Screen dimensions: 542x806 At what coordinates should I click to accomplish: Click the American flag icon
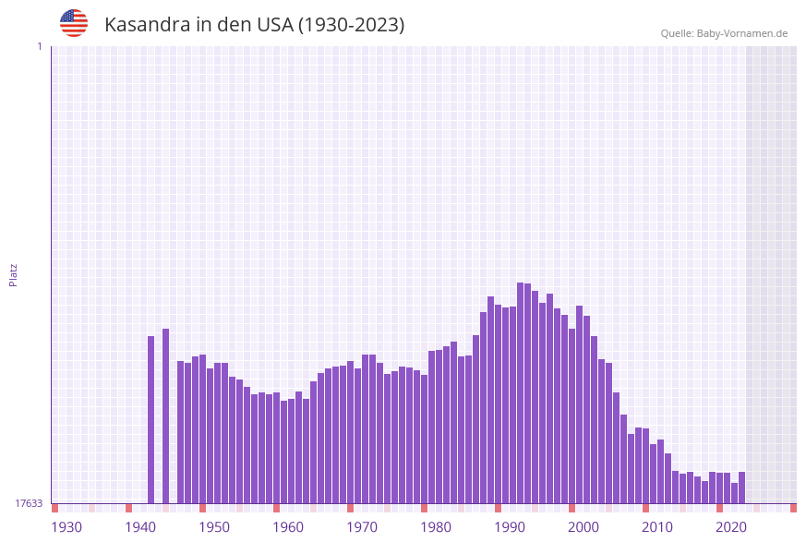74,23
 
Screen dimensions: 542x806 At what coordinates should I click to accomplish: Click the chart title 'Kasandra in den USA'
254,25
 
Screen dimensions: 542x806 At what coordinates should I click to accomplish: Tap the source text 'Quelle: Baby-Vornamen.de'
724,33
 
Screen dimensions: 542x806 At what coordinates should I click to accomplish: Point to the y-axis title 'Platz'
14,274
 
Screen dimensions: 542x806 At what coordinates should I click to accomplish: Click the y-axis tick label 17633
29,503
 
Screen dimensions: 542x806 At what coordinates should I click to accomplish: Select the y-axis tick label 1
39,46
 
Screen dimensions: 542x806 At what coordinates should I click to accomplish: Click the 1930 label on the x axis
66,527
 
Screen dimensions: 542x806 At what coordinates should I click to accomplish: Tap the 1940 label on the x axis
140,527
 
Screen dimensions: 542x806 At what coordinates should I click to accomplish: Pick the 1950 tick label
214,527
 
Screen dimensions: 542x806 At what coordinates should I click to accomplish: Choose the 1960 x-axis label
288,527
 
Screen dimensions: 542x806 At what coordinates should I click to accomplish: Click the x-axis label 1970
362,527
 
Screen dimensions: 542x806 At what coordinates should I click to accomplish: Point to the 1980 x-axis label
436,527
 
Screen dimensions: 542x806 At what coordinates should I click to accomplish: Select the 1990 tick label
510,527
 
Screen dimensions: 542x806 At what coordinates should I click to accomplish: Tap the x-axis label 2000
583,527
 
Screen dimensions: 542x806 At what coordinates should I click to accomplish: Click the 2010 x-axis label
657,527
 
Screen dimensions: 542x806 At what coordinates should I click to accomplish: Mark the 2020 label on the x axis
731,527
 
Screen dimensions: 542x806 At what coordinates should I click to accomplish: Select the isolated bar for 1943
166,416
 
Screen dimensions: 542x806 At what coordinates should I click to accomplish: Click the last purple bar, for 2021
741,488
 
